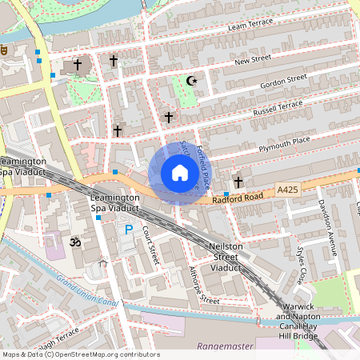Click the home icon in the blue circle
point(179,172)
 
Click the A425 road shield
point(288,189)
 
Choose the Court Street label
point(150,245)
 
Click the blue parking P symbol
point(129,230)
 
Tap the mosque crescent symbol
point(190,81)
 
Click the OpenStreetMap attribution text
point(81,354)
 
